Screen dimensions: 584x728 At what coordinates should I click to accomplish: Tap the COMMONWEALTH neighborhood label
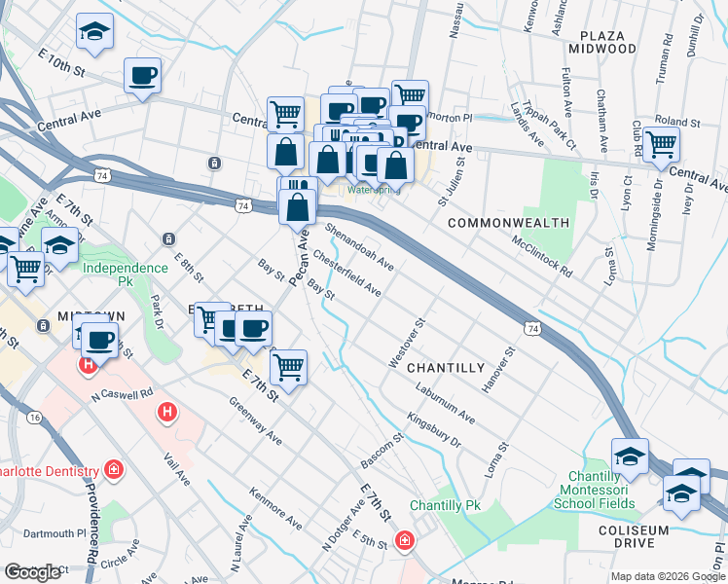(x=508, y=223)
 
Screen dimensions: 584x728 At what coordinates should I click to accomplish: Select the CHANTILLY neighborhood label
(x=445, y=368)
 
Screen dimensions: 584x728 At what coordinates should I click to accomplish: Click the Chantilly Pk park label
(x=446, y=506)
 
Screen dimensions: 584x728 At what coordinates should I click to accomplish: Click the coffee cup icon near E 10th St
(x=142, y=76)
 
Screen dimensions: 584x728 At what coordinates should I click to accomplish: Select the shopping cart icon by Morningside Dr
(x=661, y=145)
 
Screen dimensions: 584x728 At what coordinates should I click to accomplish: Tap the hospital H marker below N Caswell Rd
(x=167, y=413)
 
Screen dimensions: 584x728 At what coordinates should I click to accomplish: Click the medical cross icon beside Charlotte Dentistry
(x=115, y=471)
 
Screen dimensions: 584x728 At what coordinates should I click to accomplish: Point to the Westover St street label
(x=407, y=342)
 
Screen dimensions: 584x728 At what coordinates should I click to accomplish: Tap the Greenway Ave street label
(x=255, y=420)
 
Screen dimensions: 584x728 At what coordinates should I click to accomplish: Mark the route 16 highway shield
(x=35, y=417)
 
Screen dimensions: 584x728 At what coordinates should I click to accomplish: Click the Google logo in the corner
(x=32, y=572)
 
